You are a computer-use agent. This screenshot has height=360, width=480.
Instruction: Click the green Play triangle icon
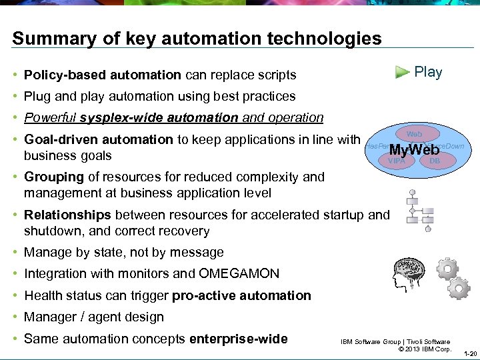click(x=401, y=72)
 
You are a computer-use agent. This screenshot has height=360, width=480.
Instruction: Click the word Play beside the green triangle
click(x=428, y=72)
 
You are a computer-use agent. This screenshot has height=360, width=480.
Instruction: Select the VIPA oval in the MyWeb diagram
click(x=397, y=161)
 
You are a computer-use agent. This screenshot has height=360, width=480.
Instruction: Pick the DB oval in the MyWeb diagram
click(x=435, y=161)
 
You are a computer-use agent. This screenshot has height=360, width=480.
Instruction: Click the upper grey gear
click(x=446, y=269)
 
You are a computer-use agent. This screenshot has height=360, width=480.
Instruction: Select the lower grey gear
click(x=459, y=287)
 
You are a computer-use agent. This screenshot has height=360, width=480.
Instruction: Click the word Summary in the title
click(x=45, y=39)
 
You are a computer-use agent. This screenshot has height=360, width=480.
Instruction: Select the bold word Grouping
click(x=54, y=177)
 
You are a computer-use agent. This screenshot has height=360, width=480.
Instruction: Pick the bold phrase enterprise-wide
click(x=239, y=339)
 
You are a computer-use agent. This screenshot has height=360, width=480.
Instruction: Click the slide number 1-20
click(x=469, y=353)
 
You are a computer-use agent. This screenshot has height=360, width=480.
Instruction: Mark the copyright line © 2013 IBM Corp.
click(x=425, y=349)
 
